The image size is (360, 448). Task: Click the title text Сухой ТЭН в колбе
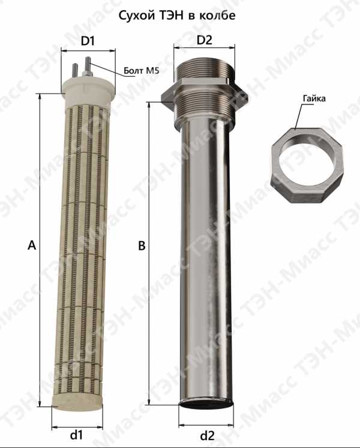click(x=177, y=16)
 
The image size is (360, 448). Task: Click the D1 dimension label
click(x=88, y=41)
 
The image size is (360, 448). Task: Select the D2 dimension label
click(x=205, y=40)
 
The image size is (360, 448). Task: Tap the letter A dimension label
click(x=32, y=245)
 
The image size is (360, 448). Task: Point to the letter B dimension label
click(x=142, y=246)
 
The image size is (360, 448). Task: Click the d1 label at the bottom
click(x=76, y=435)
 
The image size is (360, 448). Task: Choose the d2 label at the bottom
click(x=207, y=436)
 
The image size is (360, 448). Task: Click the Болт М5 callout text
click(x=142, y=70)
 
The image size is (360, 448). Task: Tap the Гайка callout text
click(x=314, y=98)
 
